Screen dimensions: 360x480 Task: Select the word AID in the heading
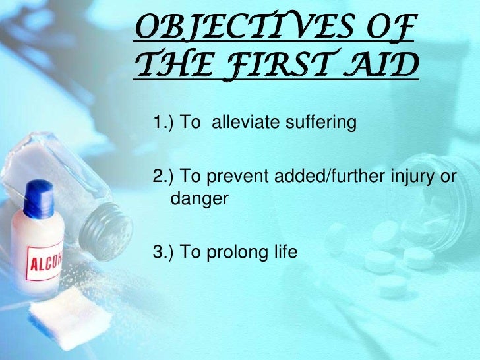[x=383, y=67]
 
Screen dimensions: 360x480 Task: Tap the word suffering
[x=311, y=123]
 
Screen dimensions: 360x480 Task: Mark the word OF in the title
[x=392, y=29]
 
